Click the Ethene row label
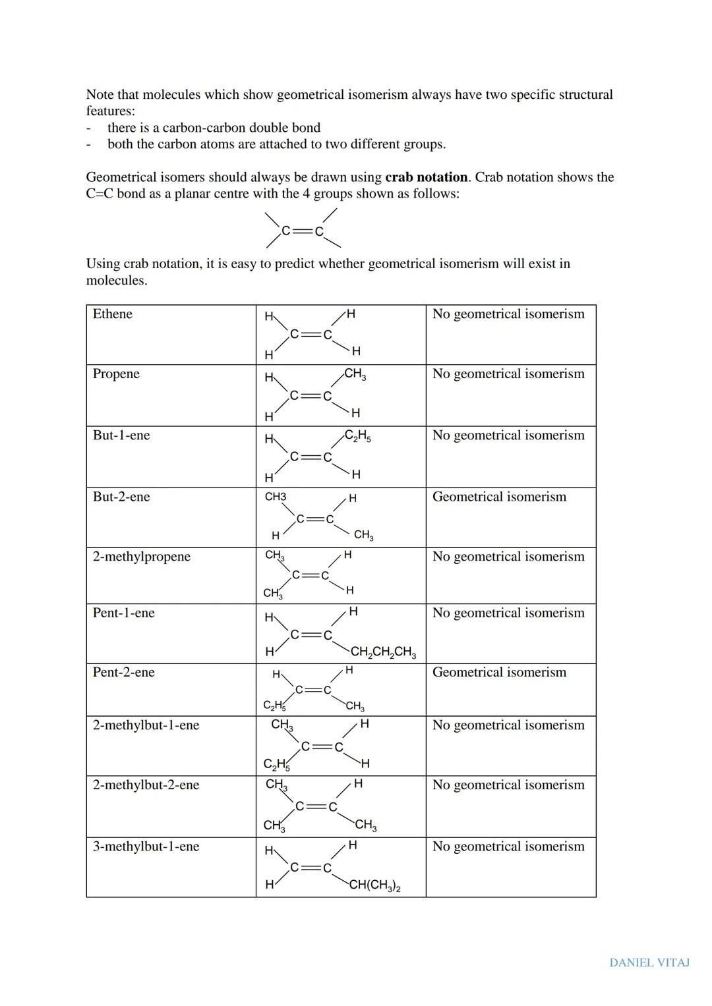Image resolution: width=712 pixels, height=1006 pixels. pos(112,314)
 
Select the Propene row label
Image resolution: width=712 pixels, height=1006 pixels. pos(116,374)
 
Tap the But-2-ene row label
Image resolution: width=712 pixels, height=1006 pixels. pos(121,497)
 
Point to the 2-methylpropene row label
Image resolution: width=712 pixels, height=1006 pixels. pos(141,557)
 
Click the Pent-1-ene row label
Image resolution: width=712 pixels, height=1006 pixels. pos(123,613)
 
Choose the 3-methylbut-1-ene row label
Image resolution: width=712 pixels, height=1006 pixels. pos(146,847)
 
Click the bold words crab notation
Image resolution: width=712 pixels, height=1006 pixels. pos(427,177)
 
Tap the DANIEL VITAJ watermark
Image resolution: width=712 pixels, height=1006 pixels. pos(649,963)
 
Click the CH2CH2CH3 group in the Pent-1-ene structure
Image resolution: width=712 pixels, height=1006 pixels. pos(382,652)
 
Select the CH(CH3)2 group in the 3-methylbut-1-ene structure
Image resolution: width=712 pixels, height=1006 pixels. pos(374,885)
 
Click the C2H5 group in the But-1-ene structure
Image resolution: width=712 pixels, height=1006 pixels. pos(357,436)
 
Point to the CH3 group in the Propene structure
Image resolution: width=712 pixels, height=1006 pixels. pos(355,374)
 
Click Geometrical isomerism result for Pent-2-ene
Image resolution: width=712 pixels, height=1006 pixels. pos(499,673)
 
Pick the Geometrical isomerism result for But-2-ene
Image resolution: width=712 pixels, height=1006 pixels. pos(499,497)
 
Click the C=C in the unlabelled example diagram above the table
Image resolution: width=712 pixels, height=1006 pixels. pos(303,231)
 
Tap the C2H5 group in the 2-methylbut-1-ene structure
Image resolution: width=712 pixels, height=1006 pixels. pos(276,764)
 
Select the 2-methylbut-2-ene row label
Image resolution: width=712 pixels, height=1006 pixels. pos(146,785)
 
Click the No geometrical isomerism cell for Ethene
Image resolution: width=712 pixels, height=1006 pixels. pos(508,314)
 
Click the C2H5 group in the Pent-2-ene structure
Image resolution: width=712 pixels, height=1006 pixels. pos(274,706)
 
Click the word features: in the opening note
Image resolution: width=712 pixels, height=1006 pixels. pos(110,111)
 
